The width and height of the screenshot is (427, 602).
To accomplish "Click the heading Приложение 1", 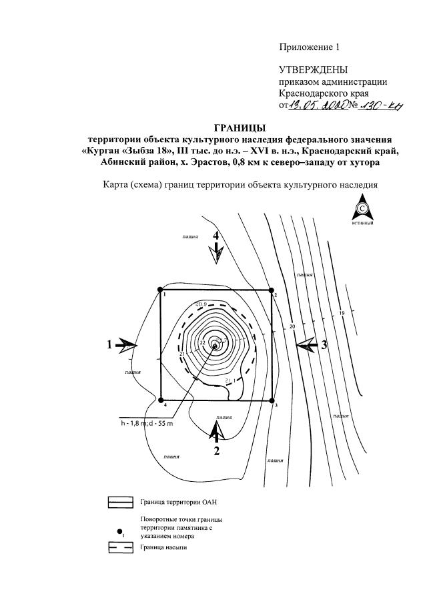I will (x=309, y=47).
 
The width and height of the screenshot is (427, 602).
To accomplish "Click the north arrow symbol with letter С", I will (x=363, y=209).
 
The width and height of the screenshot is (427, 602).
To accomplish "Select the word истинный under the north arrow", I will (x=363, y=224).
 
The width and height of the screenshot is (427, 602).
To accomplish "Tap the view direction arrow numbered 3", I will (x=308, y=344).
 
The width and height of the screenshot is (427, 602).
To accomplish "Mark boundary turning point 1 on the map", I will (x=161, y=290).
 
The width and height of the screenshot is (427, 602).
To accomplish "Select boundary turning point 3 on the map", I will (x=272, y=400).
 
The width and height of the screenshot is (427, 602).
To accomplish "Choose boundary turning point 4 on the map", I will (x=161, y=400).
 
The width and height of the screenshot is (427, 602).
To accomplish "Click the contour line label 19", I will (x=341, y=313).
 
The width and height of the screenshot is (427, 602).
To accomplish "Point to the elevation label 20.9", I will (x=201, y=304).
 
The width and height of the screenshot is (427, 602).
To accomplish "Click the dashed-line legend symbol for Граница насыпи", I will (x=121, y=548).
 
